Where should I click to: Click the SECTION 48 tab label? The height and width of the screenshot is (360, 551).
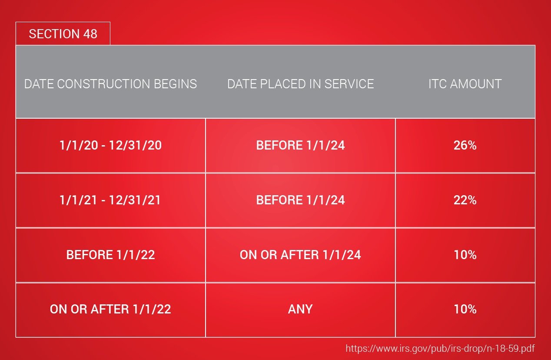pyautogui.click(x=63, y=34)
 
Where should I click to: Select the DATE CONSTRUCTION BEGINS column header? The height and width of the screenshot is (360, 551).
pyautogui.click(x=110, y=84)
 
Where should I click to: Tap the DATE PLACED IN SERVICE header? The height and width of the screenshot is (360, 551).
pyautogui.click(x=300, y=84)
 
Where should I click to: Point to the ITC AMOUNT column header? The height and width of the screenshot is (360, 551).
pyautogui.click(x=465, y=84)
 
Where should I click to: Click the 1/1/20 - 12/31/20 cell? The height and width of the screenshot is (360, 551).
pyautogui.click(x=110, y=145)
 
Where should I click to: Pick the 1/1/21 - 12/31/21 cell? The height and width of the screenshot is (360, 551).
pyautogui.click(x=110, y=200)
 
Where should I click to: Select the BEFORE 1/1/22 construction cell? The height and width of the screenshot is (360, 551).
pyautogui.click(x=110, y=255)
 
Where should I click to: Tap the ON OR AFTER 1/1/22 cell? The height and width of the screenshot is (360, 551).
pyautogui.click(x=110, y=309)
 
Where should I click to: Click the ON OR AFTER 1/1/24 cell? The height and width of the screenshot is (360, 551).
pyautogui.click(x=300, y=255)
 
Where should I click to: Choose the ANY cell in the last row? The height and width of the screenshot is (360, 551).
pyautogui.click(x=300, y=309)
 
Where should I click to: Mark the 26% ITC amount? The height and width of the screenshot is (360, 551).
pyautogui.click(x=465, y=145)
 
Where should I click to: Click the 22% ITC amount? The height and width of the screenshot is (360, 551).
pyautogui.click(x=465, y=200)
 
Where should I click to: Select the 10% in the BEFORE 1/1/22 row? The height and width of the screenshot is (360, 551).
pyautogui.click(x=465, y=255)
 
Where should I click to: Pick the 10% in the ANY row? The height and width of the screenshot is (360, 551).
pyautogui.click(x=465, y=309)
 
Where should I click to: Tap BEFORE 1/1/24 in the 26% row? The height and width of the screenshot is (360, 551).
pyautogui.click(x=300, y=145)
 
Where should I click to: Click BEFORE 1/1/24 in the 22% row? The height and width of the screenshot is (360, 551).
pyautogui.click(x=300, y=200)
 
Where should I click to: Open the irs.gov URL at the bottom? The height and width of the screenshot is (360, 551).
pyautogui.click(x=440, y=349)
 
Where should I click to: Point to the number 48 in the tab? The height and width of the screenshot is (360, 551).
pyautogui.click(x=90, y=34)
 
